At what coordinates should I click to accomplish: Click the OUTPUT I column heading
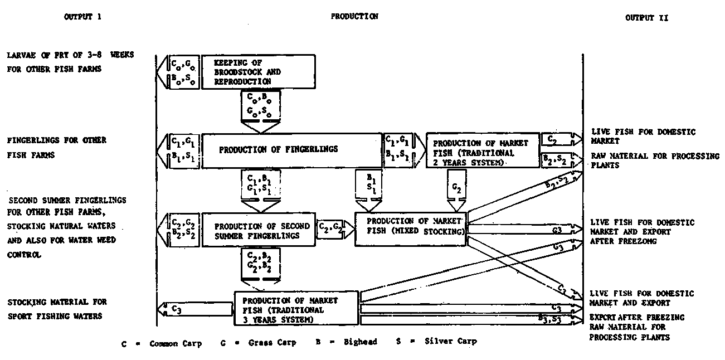tap(82, 17)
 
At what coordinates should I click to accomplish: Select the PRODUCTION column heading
tap(354, 17)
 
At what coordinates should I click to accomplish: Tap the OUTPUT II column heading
tap(646, 18)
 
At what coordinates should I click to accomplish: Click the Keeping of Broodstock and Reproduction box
tap(258, 71)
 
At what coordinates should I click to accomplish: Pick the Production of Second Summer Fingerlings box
tap(258, 231)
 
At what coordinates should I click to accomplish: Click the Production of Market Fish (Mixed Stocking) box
tap(411, 228)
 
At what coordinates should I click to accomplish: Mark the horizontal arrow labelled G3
tap(524, 229)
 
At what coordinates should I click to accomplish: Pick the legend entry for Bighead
tap(346, 342)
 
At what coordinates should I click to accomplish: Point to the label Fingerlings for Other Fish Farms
tap(56, 148)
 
